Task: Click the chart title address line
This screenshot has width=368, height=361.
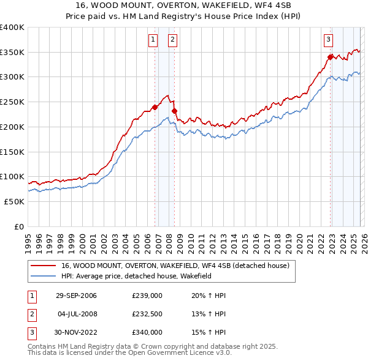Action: click(x=184, y=5)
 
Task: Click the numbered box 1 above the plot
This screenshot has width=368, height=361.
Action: click(x=152, y=40)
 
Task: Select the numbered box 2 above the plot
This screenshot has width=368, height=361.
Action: click(x=172, y=40)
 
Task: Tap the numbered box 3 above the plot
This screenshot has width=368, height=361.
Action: click(x=328, y=40)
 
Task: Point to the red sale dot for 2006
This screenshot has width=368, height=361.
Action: click(x=155, y=107)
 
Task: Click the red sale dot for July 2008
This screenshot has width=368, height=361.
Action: click(x=174, y=111)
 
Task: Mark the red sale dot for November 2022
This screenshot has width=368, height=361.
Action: click(x=330, y=57)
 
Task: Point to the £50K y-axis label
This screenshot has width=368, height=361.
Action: click(x=14, y=201)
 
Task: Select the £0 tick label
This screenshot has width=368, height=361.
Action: click(x=20, y=226)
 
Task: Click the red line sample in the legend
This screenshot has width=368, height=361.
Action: click(x=44, y=266)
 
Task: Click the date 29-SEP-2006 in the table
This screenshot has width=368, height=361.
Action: click(x=76, y=296)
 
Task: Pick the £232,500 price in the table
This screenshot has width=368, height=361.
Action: click(x=147, y=314)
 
